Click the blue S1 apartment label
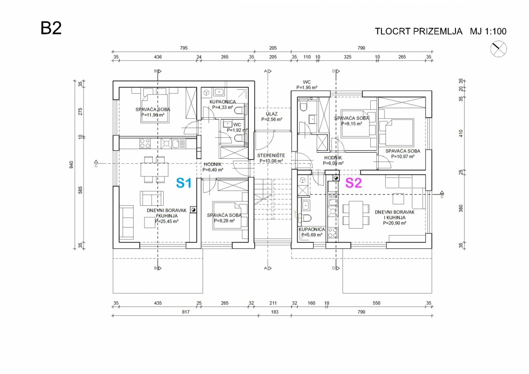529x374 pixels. point(184,183)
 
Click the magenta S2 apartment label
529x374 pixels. point(353,183)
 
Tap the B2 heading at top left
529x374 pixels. point(51,28)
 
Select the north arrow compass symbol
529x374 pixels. point(498,49)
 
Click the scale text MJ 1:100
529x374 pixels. point(488,31)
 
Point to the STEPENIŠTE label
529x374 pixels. point(271,155)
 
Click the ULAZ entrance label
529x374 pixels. point(272,114)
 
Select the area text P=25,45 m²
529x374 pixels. point(167,221)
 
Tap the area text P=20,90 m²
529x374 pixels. point(395,223)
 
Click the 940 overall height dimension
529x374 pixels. point(71,164)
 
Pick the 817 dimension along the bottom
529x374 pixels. point(186,312)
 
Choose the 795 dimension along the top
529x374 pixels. point(184,48)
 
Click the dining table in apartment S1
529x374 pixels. point(155,169)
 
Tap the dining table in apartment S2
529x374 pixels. point(356,214)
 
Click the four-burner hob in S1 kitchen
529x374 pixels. point(145,143)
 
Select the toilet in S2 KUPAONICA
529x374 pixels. point(305,218)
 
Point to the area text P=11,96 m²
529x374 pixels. point(153,115)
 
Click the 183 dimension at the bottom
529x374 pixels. point(275,312)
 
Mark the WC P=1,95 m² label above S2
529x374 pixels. point(307,85)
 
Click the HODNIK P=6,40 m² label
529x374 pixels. point(213,167)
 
